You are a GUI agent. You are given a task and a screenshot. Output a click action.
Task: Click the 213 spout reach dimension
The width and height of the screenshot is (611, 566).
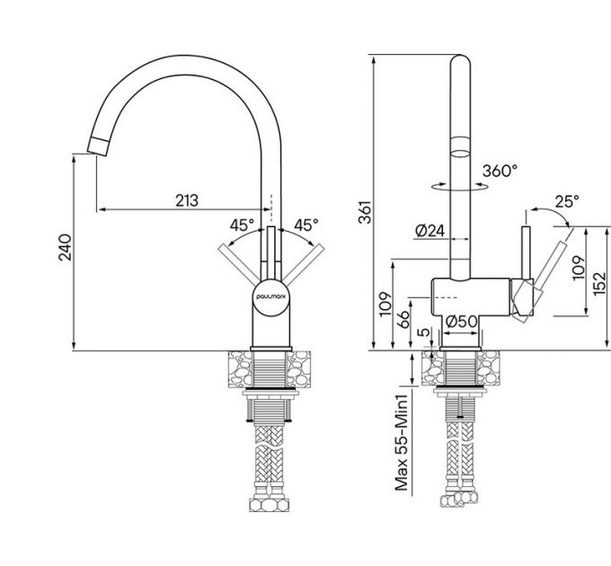click(x=186, y=199)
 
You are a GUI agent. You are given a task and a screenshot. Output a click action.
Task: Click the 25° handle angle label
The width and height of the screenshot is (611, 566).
click(x=567, y=202)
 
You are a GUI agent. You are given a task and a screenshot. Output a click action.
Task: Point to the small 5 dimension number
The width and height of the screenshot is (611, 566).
click(x=422, y=335)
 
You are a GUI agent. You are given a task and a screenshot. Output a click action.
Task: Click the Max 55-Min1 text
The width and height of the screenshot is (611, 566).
click(x=403, y=446)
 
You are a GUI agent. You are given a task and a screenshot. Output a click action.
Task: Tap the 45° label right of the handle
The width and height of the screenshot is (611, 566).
click(x=306, y=225)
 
